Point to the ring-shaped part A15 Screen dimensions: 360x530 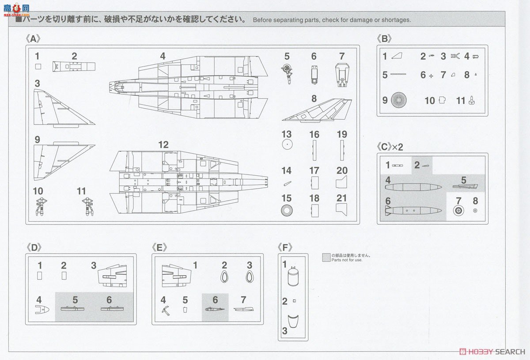pos(287,210)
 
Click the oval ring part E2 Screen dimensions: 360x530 pos(224,277)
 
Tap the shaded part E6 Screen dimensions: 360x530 pos(215,308)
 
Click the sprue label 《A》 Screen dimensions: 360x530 pos(33,38)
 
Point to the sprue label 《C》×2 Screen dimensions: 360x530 pos(390,147)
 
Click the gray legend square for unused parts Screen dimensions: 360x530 pos(326,258)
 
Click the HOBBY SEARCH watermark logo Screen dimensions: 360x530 pos(492,352)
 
